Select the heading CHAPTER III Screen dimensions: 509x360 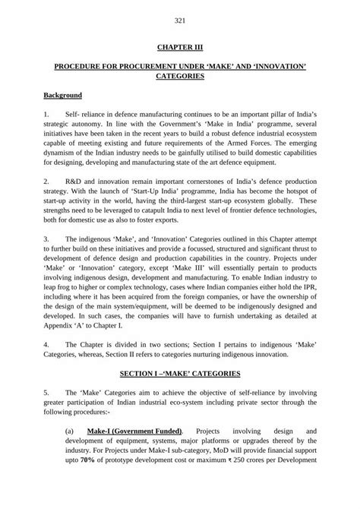pyautogui.click(x=180, y=47)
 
